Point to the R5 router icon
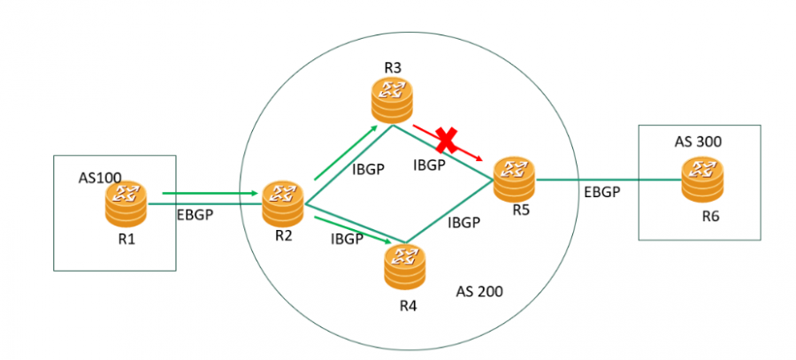[x=514, y=178]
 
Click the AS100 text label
[x=102, y=178]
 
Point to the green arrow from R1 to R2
[x=209, y=192]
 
